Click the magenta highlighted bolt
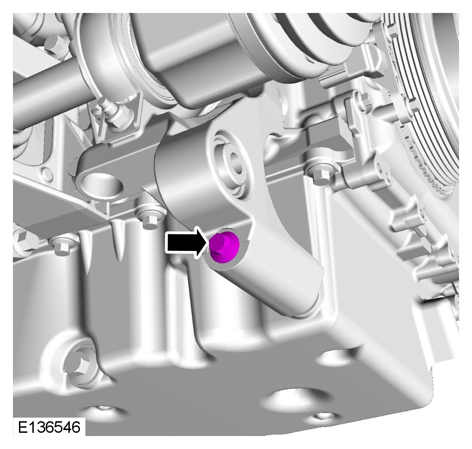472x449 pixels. (x=224, y=247)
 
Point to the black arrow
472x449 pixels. (x=187, y=243)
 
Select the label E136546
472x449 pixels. (x=49, y=427)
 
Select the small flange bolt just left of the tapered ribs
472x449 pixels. (x=61, y=247)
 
